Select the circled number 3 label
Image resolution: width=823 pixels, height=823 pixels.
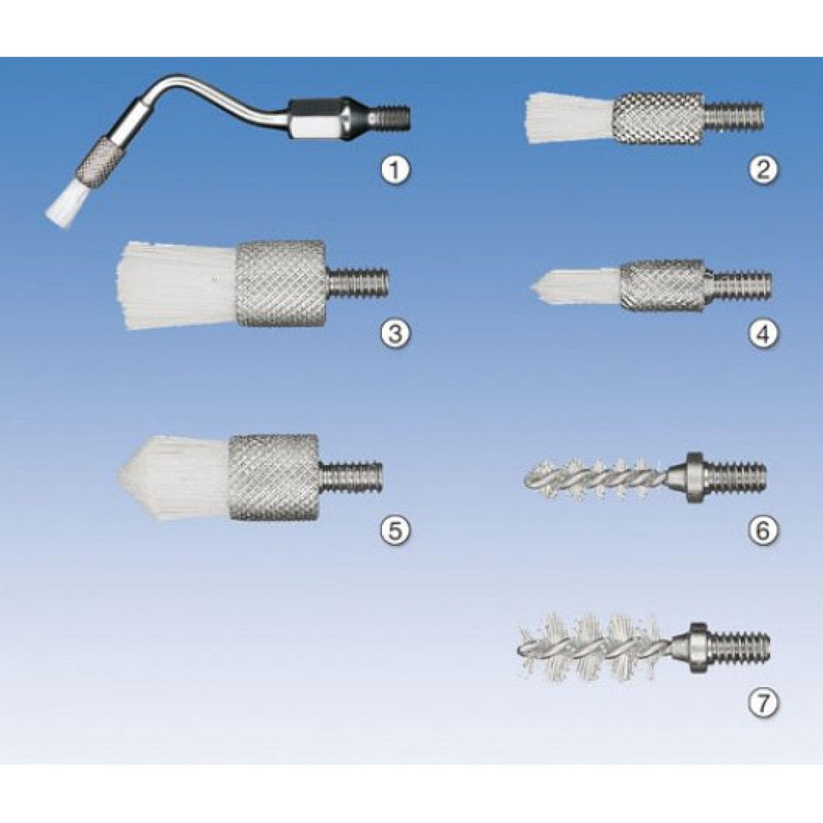(x=394, y=334)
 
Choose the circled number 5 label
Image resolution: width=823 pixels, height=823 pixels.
(x=394, y=531)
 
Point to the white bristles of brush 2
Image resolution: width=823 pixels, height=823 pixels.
(x=569, y=118)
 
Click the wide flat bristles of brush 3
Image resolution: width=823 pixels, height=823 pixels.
(x=176, y=286)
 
